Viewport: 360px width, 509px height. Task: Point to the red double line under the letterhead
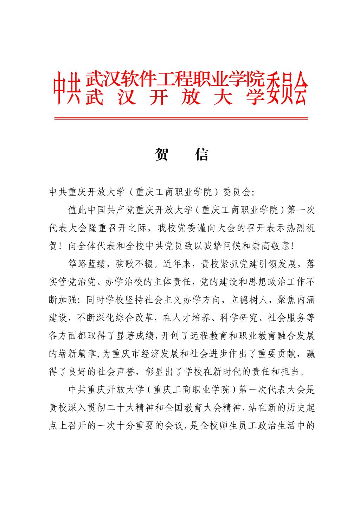click(181, 118)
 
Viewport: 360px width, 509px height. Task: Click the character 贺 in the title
click(161, 154)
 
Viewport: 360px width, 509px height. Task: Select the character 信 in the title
click(202, 154)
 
